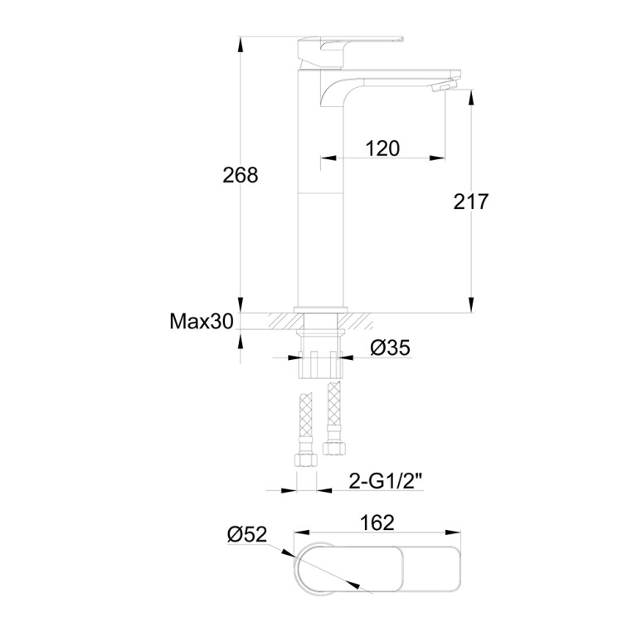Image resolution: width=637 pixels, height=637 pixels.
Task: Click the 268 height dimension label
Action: (x=240, y=175)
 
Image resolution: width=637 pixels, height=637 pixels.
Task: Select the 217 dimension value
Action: (x=471, y=202)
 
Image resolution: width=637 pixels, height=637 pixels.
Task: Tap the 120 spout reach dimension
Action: (x=382, y=148)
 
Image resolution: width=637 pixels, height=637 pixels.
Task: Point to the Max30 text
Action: (x=202, y=321)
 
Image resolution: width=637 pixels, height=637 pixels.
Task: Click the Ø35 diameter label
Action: (x=391, y=348)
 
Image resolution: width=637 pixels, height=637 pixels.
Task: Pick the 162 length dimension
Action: (x=377, y=523)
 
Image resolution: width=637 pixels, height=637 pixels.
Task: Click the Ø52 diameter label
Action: (x=247, y=535)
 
